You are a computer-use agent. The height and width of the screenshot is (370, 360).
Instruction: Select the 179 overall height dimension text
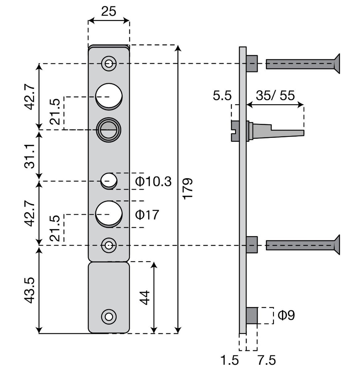coord(188,189)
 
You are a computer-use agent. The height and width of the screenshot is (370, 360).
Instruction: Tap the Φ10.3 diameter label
coord(153,182)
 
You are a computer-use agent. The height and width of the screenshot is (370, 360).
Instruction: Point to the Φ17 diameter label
coord(147,215)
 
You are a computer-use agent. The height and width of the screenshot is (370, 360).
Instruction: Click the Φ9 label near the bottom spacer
coord(286,315)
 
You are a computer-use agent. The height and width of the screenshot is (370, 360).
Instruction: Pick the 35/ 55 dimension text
coord(275,96)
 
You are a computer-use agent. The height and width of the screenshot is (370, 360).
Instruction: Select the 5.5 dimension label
coord(222,96)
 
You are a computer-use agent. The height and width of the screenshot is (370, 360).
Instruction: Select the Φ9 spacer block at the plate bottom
coord(252,315)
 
